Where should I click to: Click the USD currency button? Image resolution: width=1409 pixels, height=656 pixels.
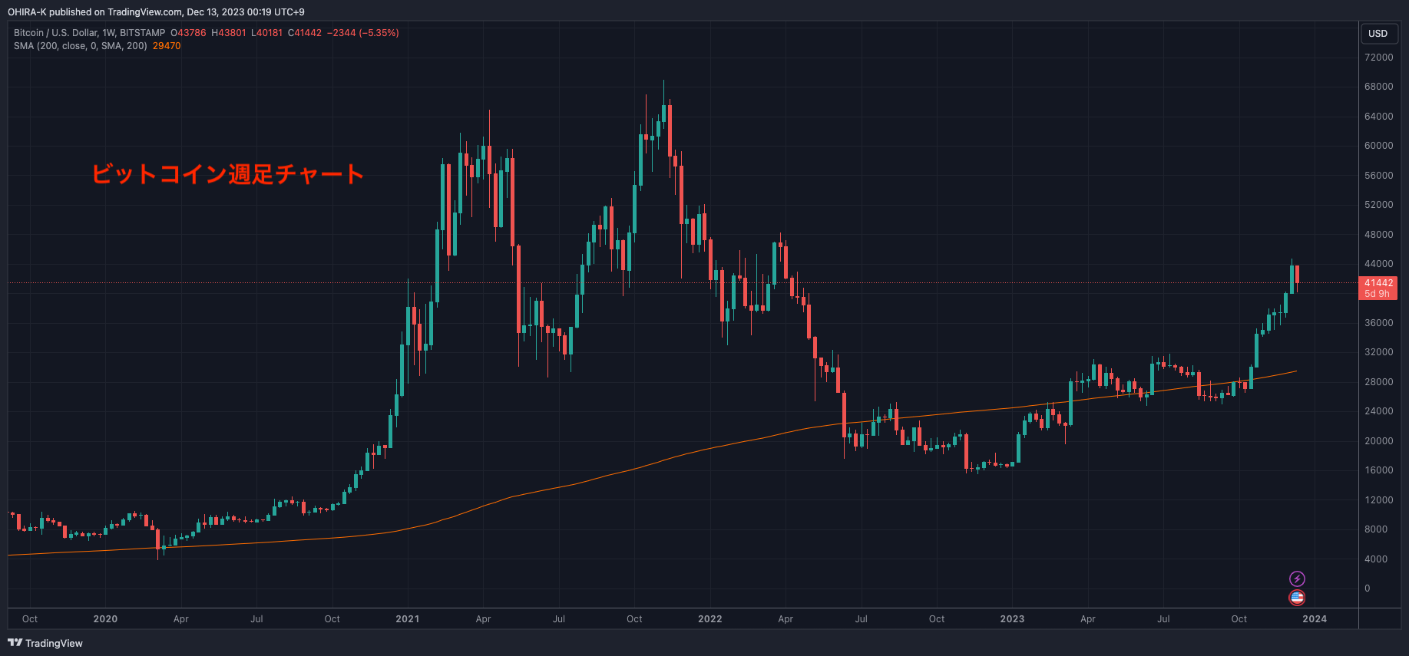click(1378, 34)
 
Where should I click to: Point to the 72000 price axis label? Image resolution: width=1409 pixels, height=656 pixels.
click(1378, 58)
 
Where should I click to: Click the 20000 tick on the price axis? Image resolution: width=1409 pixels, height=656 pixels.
click(1378, 441)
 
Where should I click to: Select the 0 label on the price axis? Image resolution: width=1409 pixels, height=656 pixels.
click(1367, 588)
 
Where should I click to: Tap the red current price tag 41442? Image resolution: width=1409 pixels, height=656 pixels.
click(1378, 283)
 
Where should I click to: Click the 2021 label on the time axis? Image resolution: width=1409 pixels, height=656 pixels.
click(407, 619)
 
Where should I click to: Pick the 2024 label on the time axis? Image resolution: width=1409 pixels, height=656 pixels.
click(1314, 619)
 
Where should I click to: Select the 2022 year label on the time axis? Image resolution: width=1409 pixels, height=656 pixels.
click(709, 619)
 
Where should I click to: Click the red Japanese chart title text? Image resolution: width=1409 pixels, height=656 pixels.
click(227, 174)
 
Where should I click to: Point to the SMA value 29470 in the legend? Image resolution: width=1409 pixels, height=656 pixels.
click(167, 46)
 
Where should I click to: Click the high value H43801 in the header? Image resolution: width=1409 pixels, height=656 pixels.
click(229, 33)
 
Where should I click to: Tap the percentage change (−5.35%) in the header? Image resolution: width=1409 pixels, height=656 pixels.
click(379, 33)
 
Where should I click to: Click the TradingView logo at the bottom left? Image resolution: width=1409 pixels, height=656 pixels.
click(45, 643)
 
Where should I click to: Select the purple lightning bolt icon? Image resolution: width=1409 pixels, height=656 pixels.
click(1297, 579)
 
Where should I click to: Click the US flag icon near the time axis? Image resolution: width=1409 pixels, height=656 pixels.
click(1297, 598)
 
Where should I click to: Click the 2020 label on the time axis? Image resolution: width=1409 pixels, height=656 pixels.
click(105, 619)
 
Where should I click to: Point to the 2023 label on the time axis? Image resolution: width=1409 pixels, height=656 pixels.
click(1012, 619)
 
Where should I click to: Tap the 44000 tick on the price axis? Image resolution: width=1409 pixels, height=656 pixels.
click(1378, 264)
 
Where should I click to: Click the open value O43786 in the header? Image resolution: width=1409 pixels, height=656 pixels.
click(188, 33)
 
